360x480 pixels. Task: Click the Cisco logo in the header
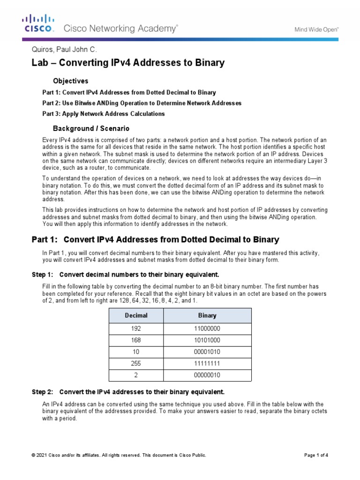point(39,23)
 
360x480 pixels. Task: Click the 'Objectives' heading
point(70,81)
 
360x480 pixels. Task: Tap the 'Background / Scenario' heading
point(91,128)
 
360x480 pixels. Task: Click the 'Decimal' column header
point(136,315)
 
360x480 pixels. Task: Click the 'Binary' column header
point(207,315)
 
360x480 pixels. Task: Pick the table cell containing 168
point(136,340)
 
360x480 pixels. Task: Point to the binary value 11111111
point(207,363)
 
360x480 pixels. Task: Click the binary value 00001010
point(207,352)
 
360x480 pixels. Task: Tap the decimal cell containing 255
point(136,363)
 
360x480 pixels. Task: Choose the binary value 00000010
point(207,375)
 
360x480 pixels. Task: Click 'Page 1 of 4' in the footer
point(316,455)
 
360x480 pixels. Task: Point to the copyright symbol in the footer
point(33,455)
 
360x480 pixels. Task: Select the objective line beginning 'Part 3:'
point(103,113)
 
